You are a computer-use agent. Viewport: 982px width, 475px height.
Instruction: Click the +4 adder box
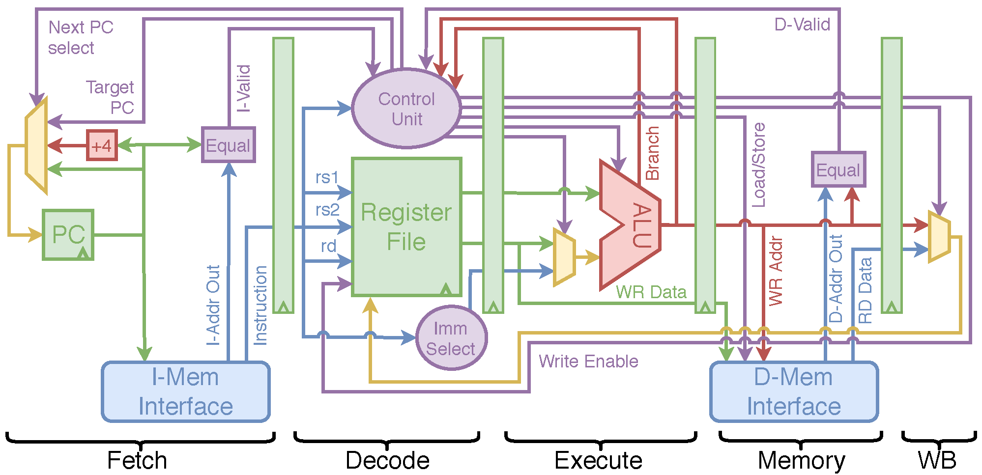point(102,145)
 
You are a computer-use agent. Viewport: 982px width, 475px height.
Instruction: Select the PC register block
point(68,235)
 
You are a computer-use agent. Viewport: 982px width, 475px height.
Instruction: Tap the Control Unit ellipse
point(406,108)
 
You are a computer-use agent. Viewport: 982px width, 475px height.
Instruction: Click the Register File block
point(406,227)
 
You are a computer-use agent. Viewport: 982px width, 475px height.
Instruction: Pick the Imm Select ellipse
point(451,338)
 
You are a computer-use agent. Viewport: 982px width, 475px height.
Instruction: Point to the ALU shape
point(631,225)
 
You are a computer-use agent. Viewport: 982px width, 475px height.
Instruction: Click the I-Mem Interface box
point(186,391)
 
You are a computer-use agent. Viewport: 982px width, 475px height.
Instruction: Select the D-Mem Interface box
point(794,391)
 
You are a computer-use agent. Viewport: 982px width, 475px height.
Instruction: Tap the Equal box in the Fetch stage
point(228,145)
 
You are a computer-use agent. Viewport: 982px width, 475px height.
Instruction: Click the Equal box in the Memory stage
point(838,169)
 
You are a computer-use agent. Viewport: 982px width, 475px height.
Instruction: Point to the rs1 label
point(327,177)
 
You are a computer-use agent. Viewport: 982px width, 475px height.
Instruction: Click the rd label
point(328,246)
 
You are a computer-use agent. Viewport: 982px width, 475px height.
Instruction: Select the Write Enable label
point(588,361)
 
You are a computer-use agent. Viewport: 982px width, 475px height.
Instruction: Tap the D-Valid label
point(802,24)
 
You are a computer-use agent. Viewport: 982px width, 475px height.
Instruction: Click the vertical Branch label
point(652,153)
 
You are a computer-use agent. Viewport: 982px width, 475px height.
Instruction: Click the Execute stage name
point(598,460)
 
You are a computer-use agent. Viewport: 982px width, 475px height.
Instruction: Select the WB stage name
point(937,460)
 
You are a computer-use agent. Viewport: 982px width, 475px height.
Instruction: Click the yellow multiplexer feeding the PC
point(36,146)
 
